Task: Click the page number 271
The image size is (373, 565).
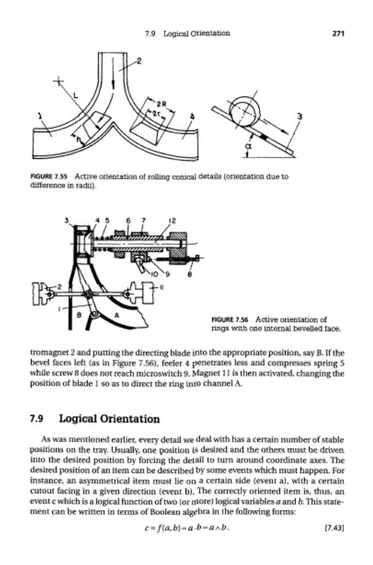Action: [x=338, y=33]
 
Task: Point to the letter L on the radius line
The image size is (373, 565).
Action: [x=75, y=95]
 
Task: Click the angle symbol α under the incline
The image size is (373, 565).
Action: [x=247, y=146]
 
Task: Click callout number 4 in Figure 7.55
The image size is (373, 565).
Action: [x=192, y=117]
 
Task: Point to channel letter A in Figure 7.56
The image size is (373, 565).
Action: [x=116, y=314]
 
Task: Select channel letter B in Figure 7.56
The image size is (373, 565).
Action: [x=80, y=314]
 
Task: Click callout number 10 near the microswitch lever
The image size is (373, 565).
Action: [x=154, y=274]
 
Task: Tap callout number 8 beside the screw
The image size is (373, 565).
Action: [x=190, y=274]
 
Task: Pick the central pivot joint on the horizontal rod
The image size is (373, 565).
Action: [x=88, y=295]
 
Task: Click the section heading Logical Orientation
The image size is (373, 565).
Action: [x=109, y=419]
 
